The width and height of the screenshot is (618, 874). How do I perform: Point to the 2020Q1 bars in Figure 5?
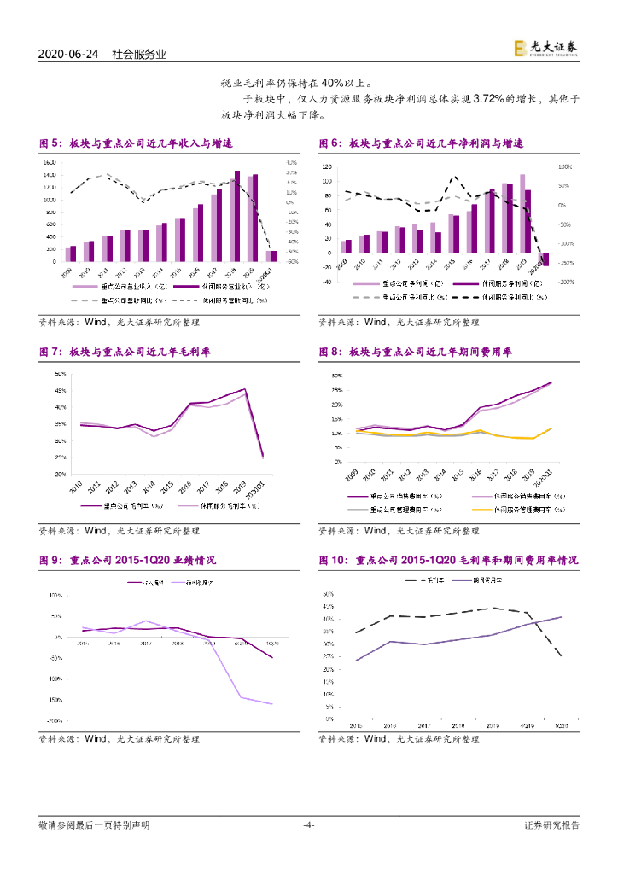click(x=271, y=255)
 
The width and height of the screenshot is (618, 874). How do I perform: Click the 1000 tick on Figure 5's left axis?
click(x=50, y=200)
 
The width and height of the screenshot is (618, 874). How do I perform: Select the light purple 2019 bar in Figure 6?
click(x=522, y=214)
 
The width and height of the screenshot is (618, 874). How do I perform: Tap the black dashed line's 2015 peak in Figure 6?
click(x=455, y=178)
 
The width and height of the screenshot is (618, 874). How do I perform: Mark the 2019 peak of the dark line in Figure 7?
click(x=245, y=389)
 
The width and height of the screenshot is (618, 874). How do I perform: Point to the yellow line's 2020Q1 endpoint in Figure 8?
click(x=551, y=428)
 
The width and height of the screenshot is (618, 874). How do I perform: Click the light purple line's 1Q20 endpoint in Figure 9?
click(x=272, y=704)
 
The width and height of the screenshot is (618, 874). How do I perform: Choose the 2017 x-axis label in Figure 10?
click(x=424, y=725)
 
